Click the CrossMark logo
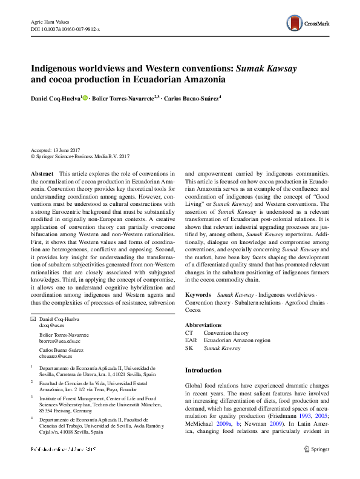click(x=308, y=24)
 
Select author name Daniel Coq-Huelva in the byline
click(x=56, y=97)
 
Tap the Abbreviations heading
click(x=203, y=325)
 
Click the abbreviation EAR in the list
click(x=191, y=340)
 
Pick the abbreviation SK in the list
click(x=189, y=348)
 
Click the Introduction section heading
click(x=203, y=370)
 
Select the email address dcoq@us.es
click(x=51, y=325)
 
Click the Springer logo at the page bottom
click(x=316, y=449)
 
